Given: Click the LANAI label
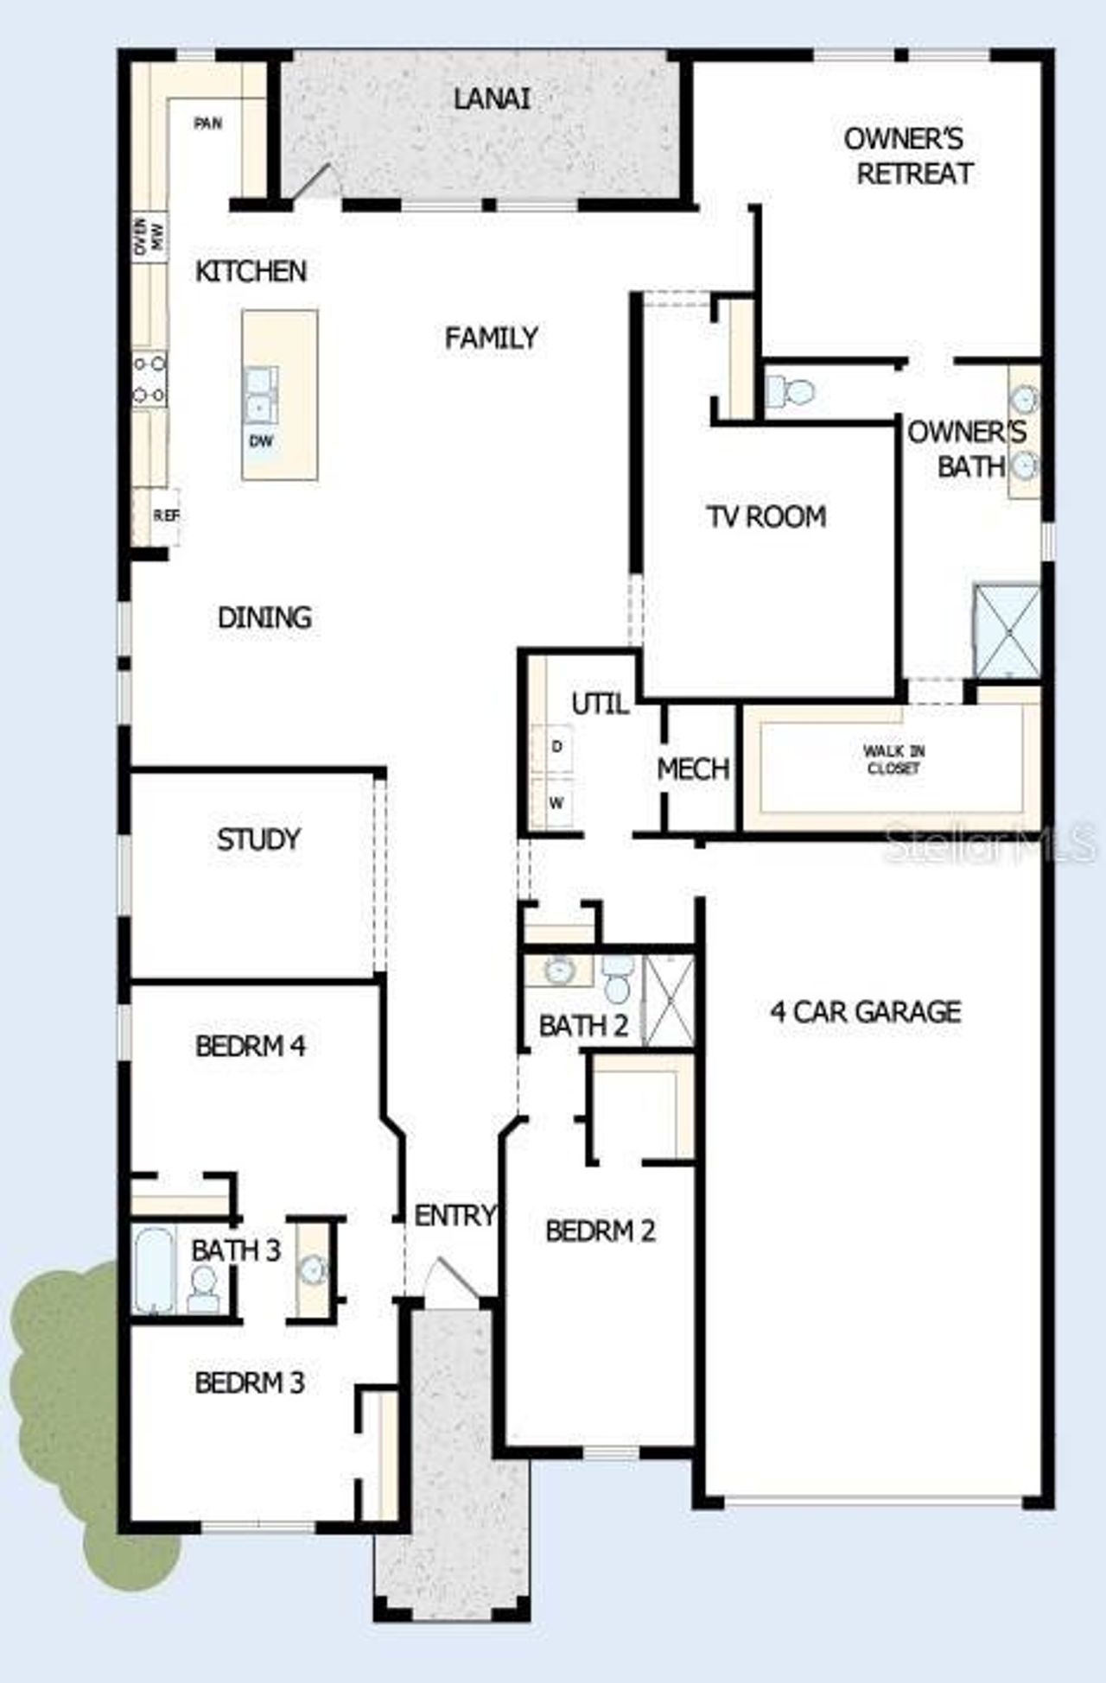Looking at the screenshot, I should click(x=492, y=98).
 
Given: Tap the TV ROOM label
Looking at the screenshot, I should click(x=766, y=516).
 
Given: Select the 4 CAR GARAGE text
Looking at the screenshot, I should click(x=866, y=1011).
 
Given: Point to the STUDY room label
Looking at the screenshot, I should click(x=258, y=838).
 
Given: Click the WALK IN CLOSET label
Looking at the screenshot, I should click(x=893, y=759).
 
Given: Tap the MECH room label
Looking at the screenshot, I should click(x=693, y=769).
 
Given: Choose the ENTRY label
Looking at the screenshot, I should click(x=454, y=1215).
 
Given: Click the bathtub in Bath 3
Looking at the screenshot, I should click(x=154, y=1269).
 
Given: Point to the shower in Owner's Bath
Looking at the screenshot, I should click(x=1007, y=630).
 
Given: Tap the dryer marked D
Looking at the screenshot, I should click(x=556, y=746).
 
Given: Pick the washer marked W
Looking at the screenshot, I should click(x=556, y=803).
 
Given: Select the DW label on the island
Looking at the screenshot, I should click(x=261, y=441).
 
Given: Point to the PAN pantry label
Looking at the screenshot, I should click(x=207, y=123).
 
